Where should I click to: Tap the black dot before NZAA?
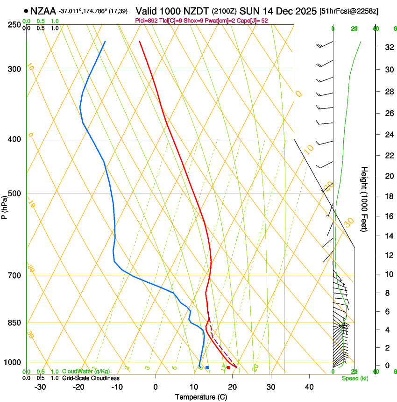(x=25, y=11)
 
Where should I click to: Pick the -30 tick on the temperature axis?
(x=40, y=387)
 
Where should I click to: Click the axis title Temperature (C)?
(x=201, y=397)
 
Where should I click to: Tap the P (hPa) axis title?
(x=5, y=206)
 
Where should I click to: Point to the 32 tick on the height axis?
(x=387, y=47)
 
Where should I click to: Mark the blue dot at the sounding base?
(x=207, y=368)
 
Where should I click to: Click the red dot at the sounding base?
(x=228, y=368)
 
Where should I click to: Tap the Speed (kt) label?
(x=353, y=378)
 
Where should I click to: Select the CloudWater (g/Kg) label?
(x=85, y=372)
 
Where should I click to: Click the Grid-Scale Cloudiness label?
(x=91, y=378)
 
